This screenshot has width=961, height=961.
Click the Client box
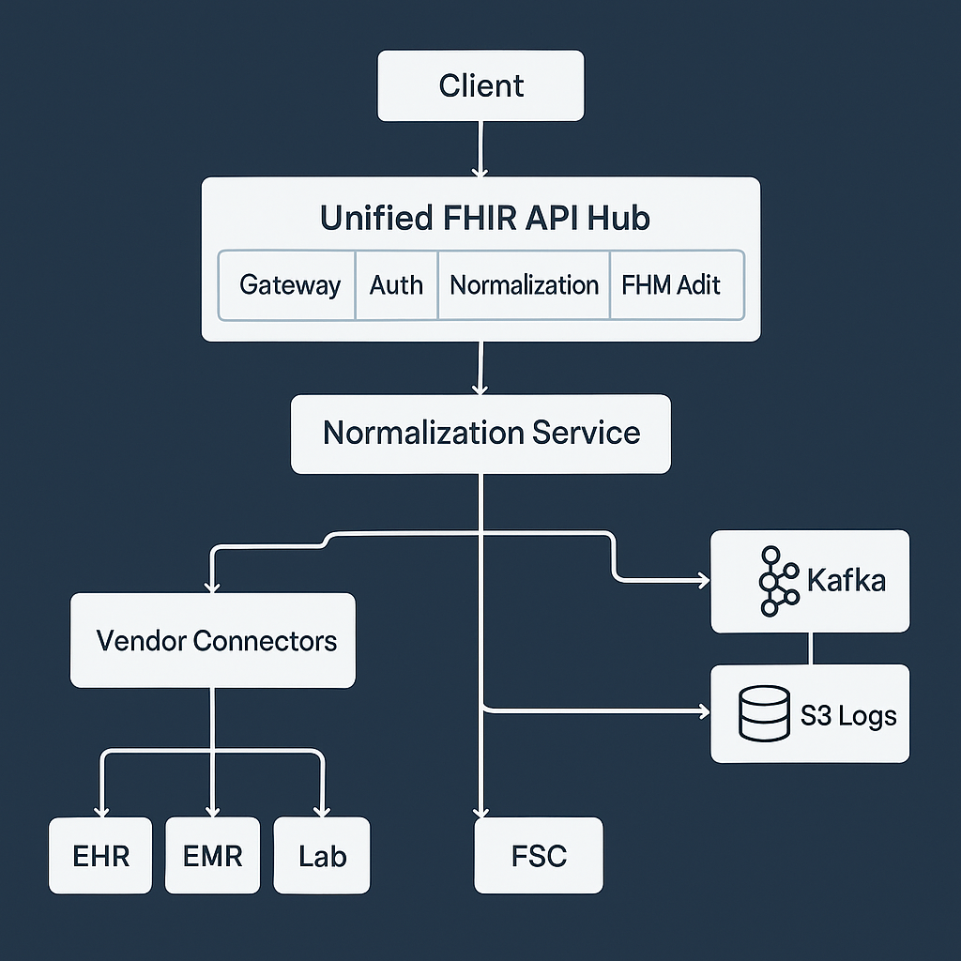(480, 85)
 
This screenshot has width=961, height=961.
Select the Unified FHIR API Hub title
(484, 218)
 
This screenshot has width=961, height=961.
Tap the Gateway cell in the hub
(289, 285)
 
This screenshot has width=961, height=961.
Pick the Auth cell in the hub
(396, 285)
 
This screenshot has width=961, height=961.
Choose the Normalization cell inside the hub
(524, 285)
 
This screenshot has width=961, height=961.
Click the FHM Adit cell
(672, 285)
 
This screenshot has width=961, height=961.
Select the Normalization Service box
(480, 434)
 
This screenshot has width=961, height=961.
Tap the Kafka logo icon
(776, 581)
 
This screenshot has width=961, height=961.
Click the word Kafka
(846, 581)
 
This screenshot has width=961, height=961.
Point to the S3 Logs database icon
(764, 714)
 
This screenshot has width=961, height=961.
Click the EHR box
(100, 855)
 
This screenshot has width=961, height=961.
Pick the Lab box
(322, 855)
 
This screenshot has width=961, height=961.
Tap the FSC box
(539, 855)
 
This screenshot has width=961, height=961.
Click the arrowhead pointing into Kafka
(703, 582)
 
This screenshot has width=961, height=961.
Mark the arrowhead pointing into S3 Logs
(703, 712)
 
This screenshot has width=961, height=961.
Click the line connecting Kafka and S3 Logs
(811, 648)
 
